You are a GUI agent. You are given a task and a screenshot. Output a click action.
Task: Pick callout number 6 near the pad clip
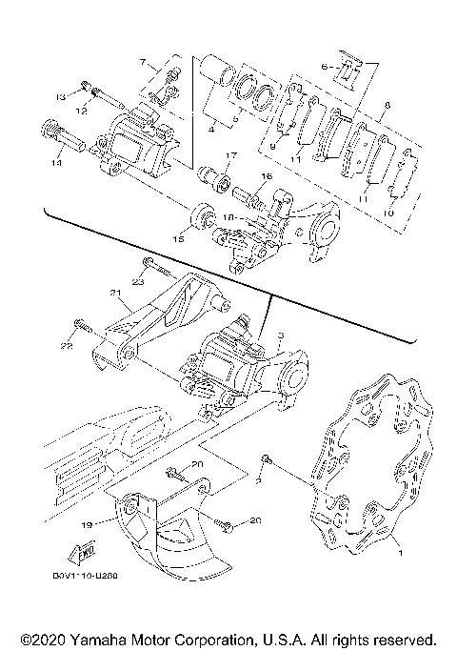[x=325, y=66]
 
